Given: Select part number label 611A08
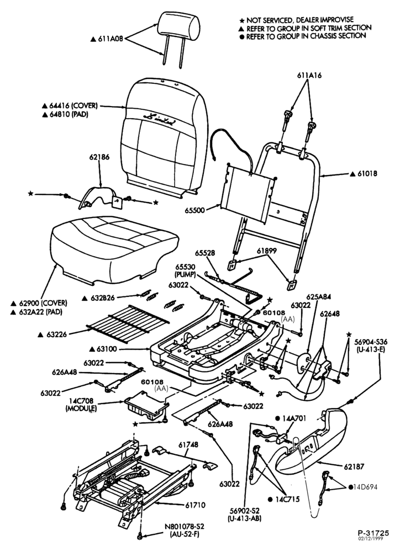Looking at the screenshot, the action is coord(110,39).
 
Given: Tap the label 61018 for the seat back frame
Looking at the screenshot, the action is coord(367,173).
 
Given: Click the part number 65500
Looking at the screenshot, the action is coord(194,210).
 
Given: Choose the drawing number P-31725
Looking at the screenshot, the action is coord(373,533).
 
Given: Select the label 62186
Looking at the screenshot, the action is coord(99,157).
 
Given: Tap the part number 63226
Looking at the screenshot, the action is coord(57,335).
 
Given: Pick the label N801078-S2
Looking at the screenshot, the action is coord(185,527).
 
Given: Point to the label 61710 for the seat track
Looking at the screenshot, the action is coord(195,505).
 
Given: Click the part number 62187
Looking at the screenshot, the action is coord(354,467).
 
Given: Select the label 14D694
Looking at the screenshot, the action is coord(365,487).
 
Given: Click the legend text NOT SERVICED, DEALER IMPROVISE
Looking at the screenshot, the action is coord(300,20).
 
